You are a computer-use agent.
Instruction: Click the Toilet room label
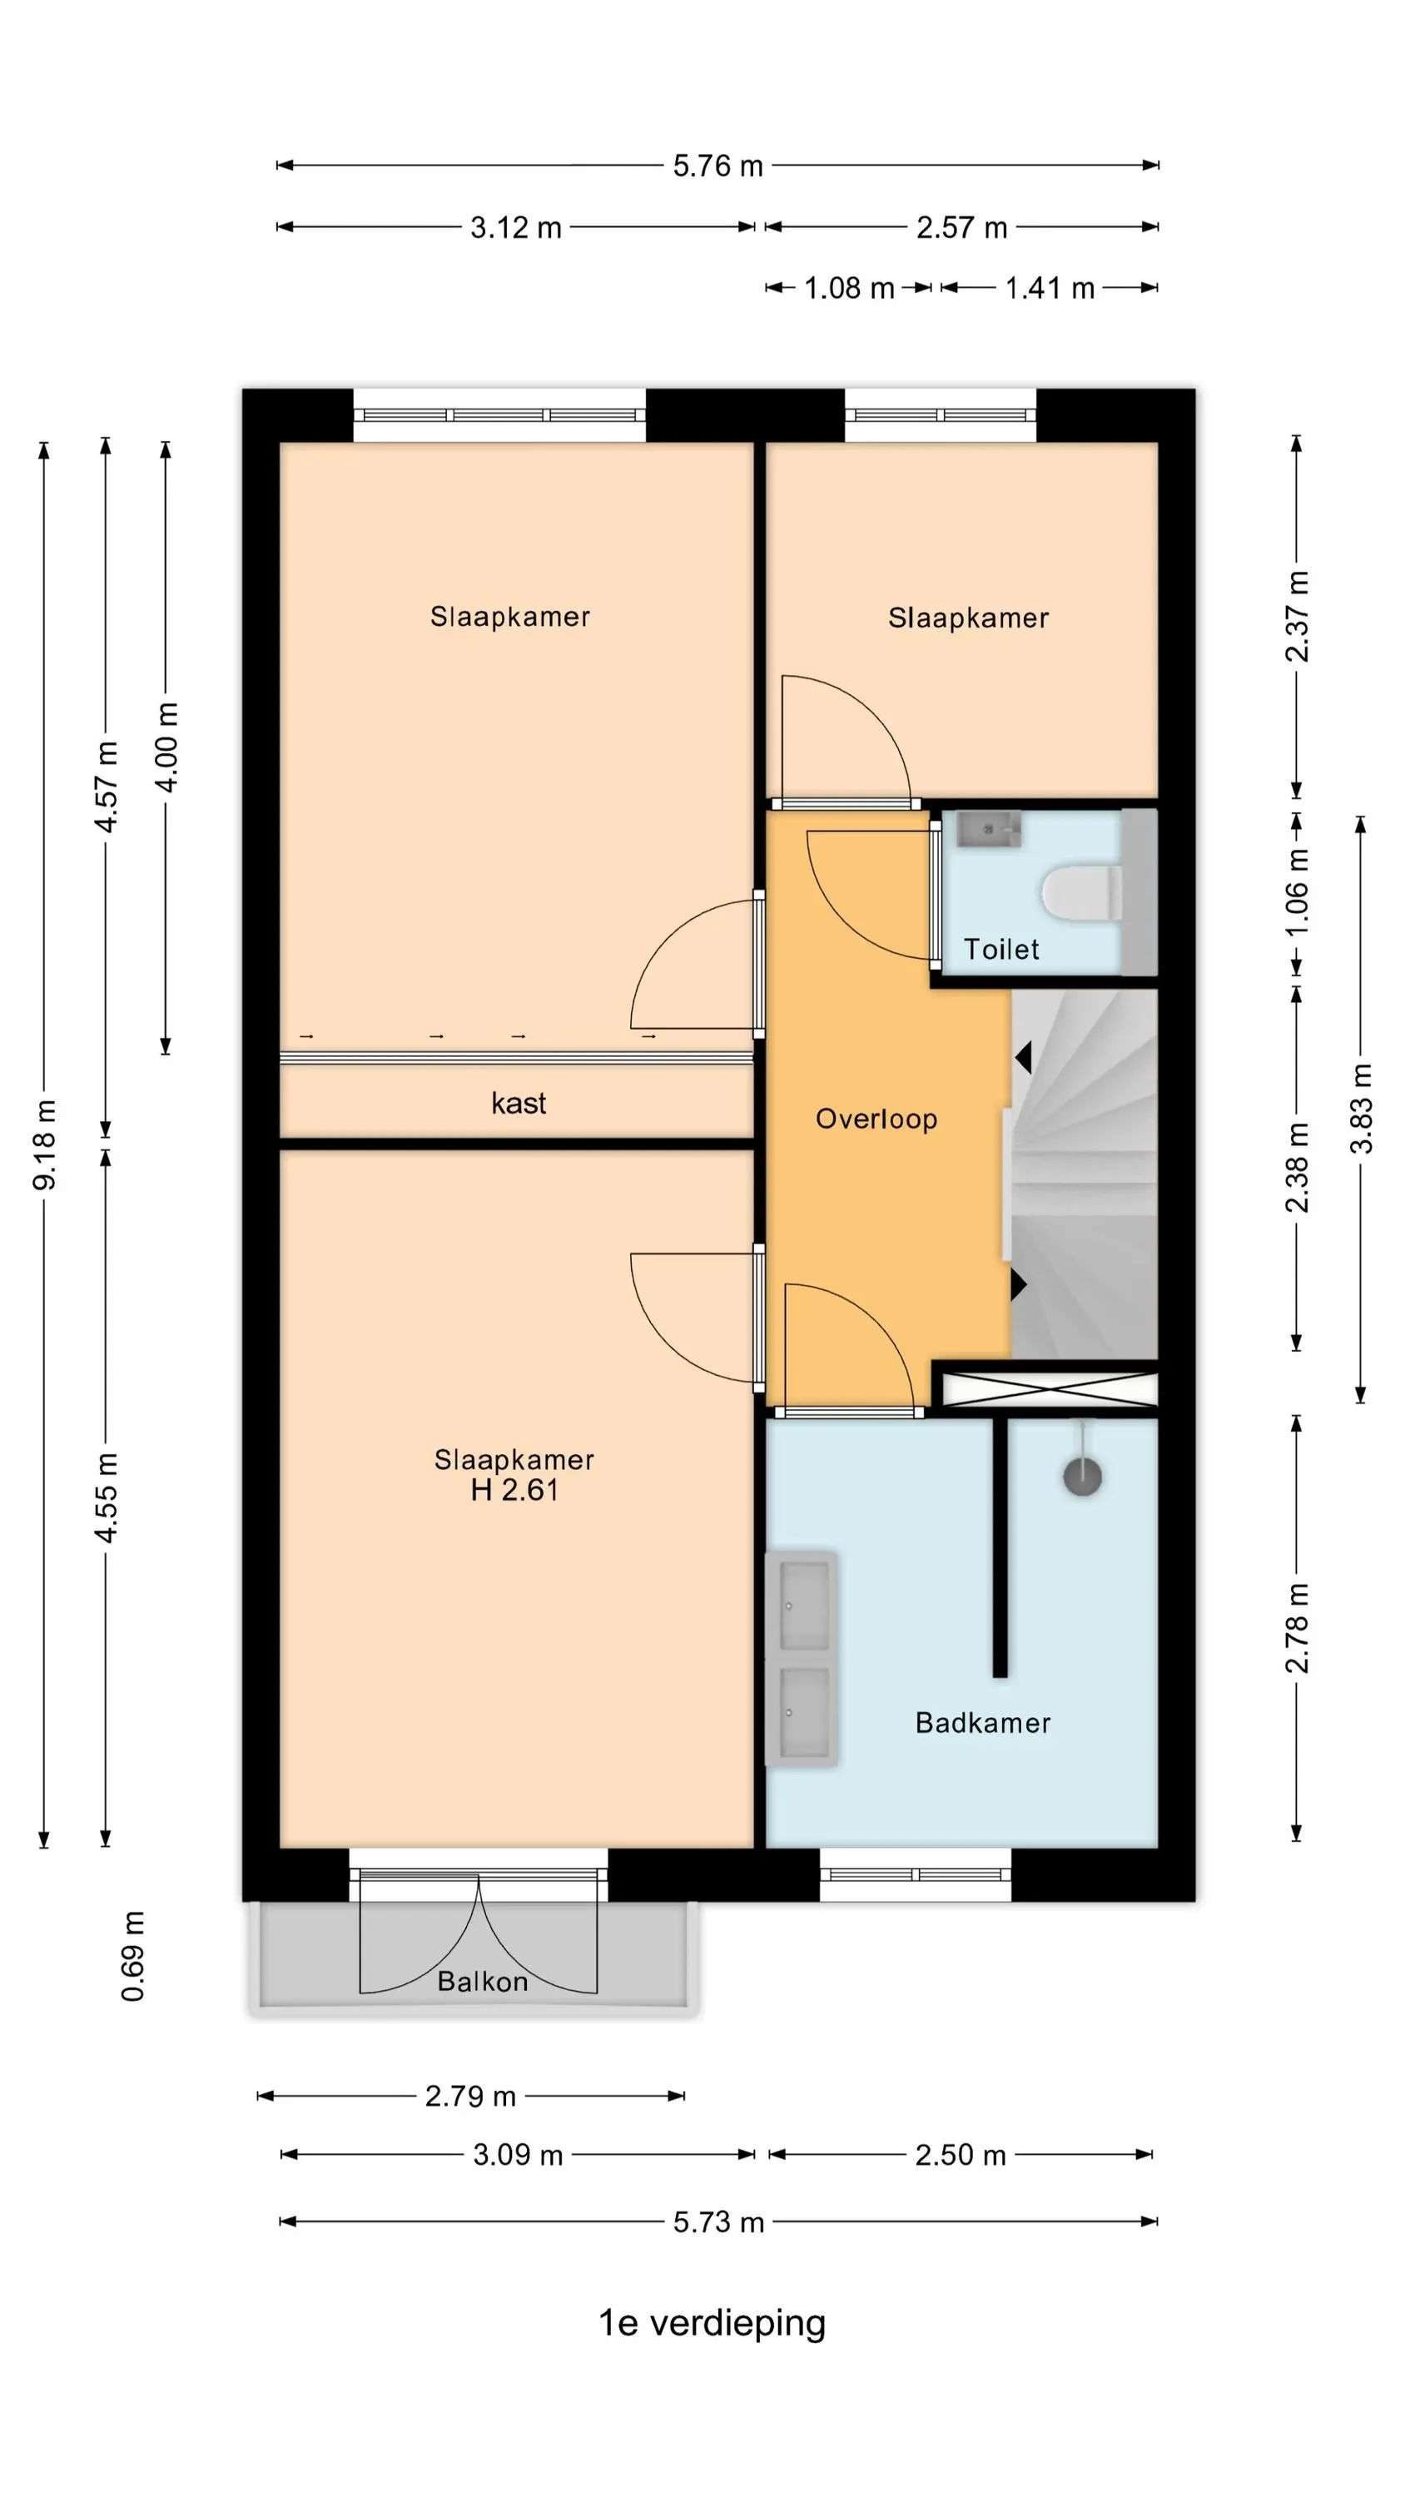coord(1000,949)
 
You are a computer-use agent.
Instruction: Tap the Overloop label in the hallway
coord(876,1119)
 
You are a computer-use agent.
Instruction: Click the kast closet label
coord(519,1103)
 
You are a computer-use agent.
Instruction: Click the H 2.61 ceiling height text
coord(515,1490)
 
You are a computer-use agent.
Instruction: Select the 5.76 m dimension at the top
coord(718,166)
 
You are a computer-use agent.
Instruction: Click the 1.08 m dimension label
coord(849,288)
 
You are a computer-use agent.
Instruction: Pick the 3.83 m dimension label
coord(1362,1109)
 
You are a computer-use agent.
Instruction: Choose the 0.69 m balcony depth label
coord(133,1956)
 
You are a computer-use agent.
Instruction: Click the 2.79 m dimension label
coord(470,2096)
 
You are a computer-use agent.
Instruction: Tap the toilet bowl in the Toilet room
coord(1082,893)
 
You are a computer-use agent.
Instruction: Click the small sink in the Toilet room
coord(988,830)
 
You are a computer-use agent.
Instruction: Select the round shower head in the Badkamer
coord(1082,1477)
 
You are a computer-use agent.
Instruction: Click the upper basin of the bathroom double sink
coord(804,1604)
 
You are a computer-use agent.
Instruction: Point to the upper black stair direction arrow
coord(1023,1056)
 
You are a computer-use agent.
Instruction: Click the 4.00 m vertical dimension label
coord(166,747)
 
